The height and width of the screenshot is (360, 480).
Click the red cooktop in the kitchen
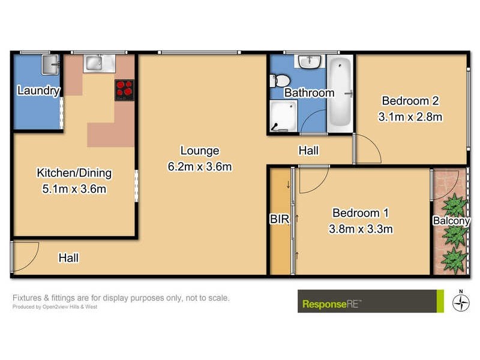[124, 90]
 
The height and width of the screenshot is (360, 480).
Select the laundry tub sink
[49, 63]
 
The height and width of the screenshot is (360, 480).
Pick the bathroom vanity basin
[310, 62]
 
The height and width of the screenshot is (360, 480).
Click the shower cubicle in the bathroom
[283, 115]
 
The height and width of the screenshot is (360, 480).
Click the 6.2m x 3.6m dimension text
[200, 167]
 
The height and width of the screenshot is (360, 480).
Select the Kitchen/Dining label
[74, 173]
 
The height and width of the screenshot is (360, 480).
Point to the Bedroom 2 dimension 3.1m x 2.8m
[410, 117]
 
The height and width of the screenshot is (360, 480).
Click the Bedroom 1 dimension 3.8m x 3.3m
[361, 228]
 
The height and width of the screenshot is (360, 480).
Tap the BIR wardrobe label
[279, 220]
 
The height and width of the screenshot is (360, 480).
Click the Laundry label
[38, 91]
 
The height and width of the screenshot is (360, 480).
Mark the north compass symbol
[460, 302]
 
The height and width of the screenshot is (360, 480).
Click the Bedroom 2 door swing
[367, 149]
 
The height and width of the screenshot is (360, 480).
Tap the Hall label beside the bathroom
[308, 151]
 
